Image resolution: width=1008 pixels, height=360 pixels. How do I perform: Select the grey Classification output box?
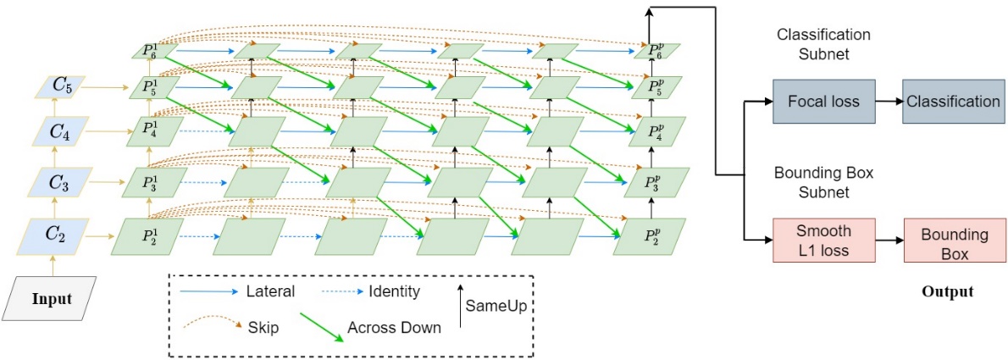[x=953, y=102]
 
